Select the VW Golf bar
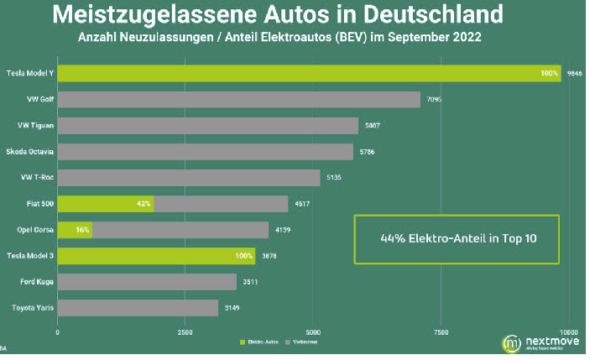click(x=238, y=100)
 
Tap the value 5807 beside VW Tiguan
click(x=369, y=126)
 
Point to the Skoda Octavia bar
click(x=205, y=152)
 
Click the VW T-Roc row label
click(x=36, y=178)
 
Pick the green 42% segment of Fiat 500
click(x=106, y=204)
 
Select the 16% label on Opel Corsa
click(x=81, y=230)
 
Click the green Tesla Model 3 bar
click(x=156, y=256)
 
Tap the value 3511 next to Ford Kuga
click(x=251, y=282)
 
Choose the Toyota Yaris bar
click(x=147, y=308)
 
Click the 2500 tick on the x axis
click(x=185, y=333)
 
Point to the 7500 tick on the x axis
click(x=441, y=333)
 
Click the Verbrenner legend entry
click(x=303, y=343)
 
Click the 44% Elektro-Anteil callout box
click(x=457, y=238)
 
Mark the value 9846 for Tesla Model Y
click(x=574, y=74)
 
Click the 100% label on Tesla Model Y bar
click(x=549, y=74)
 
